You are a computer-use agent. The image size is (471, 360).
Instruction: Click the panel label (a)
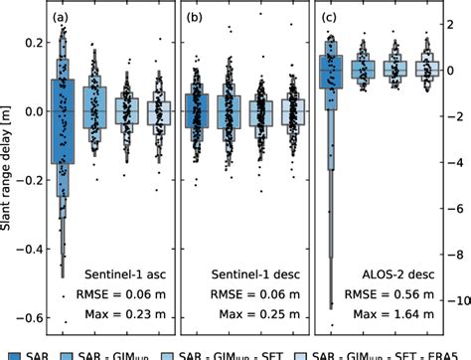pos(61,18)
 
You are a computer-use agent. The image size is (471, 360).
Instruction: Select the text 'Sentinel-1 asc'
pos(129,273)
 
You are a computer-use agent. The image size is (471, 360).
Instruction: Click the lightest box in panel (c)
pos(427,69)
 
